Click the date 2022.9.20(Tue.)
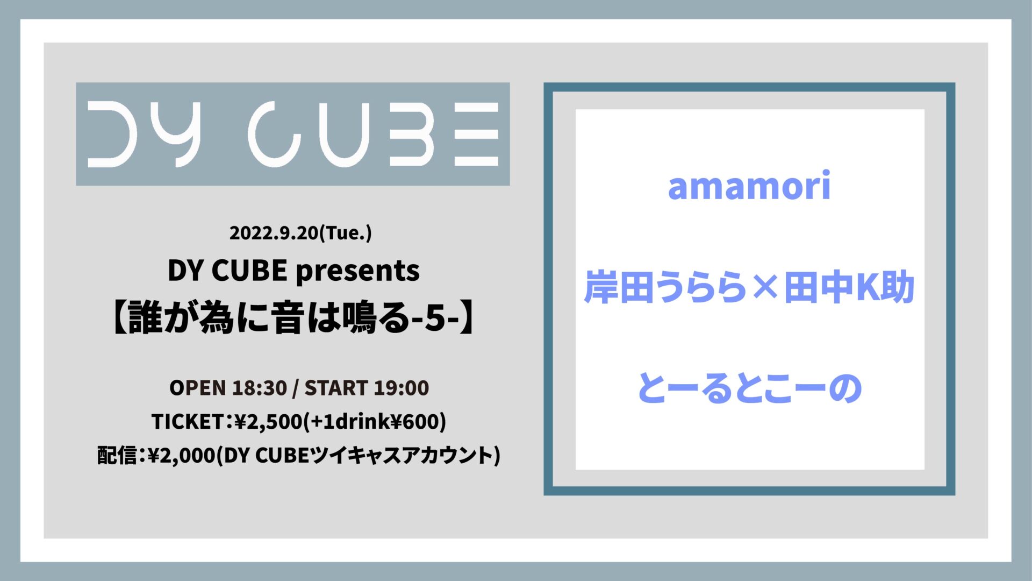click(x=300, y=233)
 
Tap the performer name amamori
click(x=749, y=186)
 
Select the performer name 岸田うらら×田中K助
click(x=749, y=287)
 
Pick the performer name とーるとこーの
click(x=749, y=388)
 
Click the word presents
click(x=357, y=271)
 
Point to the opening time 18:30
click(x=260, y=388)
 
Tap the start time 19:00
click(x=402, y=388)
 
